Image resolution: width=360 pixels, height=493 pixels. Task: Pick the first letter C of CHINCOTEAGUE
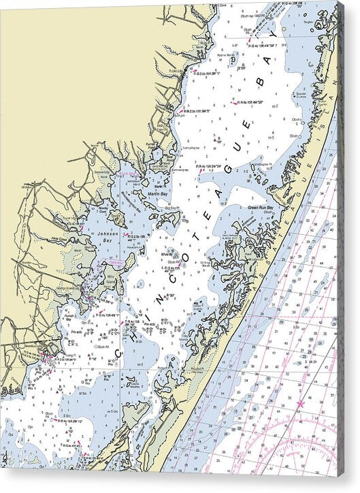(x=116, y=353)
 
